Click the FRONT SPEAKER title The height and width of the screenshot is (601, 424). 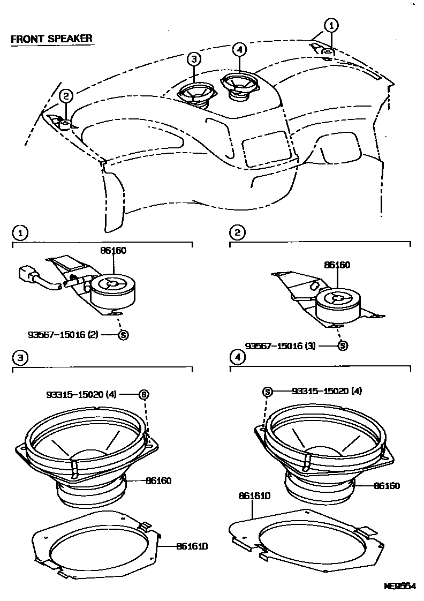pyautogui.click(x=51, y=39)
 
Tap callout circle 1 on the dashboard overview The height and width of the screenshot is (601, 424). pyautogui.click(x=332, y=25)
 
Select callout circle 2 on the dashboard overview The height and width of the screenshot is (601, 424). pyautogui.click(x=65, y=96)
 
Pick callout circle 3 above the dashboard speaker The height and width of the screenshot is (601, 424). pyautogui.click(x=194, y=59)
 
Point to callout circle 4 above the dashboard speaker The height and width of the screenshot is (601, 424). pyautogui.click(x=239, y=49)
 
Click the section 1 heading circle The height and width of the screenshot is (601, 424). pyautogui.click(x=19, y=233)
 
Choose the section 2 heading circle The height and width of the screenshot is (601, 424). pyautogui.click(x=237, y=233)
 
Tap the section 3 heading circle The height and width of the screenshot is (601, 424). pyautogui.click(x=19, y=357)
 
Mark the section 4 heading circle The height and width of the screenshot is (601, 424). pyautogui.click(x=237, y=357)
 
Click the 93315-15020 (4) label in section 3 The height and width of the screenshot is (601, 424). pyautogui.click(x=88, y=394)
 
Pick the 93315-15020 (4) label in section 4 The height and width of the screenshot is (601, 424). pyautogui.click(x=327, y=391)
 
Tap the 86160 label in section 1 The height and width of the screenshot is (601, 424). pyautogui.click(x=112, y=250)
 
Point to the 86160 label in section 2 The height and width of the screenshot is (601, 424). pyautogui.click(x=337, y=265)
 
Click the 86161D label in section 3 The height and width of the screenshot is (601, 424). pyautogui.click(x=192, y=546)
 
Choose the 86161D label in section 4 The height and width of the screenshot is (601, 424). pyautogui.click(x=254, y=496)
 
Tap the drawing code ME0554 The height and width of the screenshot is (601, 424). pyautogui.click(x=399, y=586)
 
